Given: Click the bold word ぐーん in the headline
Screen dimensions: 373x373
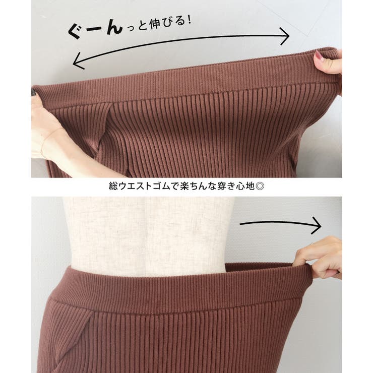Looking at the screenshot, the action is coord(96,30).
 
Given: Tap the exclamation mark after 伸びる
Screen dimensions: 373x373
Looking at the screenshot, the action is coord(190,20).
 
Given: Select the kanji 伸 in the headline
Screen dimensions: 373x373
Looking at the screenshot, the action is coord(155,24).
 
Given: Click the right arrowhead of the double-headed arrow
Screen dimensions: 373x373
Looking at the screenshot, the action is coord(285,36).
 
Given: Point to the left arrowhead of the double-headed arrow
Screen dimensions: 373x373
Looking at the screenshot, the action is coord(78,61).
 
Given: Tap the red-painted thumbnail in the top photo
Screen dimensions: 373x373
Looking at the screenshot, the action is coord(318,55).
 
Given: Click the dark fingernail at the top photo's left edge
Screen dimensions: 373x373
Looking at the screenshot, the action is coord(33,92).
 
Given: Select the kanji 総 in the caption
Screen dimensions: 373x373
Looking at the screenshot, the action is coord(113,186).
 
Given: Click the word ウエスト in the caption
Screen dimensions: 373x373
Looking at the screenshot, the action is coord(135,186).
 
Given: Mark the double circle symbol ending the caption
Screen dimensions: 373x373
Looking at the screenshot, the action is coord(260,186).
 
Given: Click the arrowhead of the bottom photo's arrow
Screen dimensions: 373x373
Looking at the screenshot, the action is coord(318,225).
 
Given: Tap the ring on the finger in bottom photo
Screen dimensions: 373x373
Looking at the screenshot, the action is coord(313,244).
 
